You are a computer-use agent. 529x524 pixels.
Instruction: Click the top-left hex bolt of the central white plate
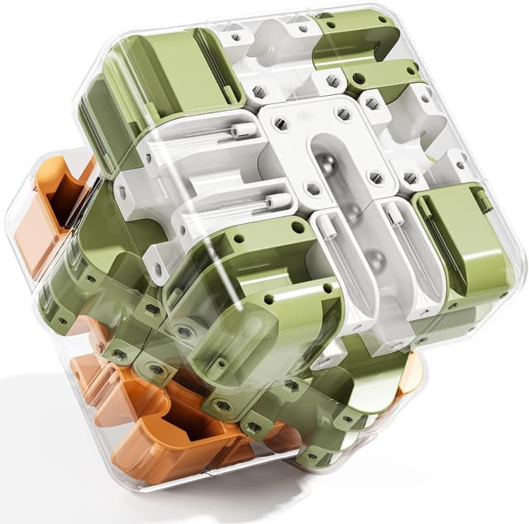click(280, 123)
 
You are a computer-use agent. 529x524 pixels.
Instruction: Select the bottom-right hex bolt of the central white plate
click(376, 176)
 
